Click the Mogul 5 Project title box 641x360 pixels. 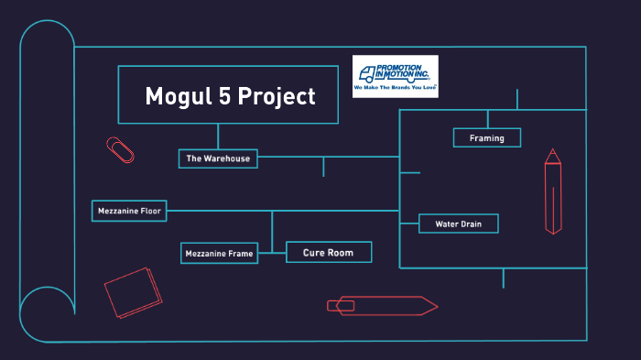[228, 95]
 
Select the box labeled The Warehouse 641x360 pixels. [218, 158]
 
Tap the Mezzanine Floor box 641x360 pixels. [129, 211]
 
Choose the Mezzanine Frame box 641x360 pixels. [219, 253]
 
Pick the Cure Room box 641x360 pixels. [329, 252]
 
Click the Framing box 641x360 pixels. [487, 137]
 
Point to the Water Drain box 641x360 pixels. [458, 224]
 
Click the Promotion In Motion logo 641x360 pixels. [396, 76]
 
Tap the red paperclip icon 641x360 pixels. [120, 149]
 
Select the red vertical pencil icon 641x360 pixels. [552, 191]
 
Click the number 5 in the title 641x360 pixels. [225, 96]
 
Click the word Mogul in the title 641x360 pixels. [178, 96]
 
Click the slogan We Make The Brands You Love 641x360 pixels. [396, 91]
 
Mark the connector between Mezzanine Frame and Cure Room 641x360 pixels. [272, 252]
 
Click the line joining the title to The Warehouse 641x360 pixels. [218, 136]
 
